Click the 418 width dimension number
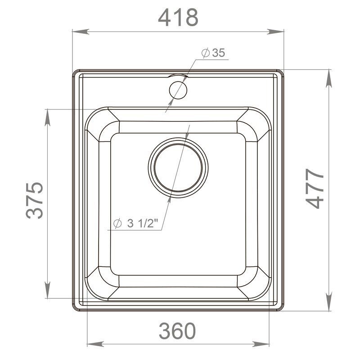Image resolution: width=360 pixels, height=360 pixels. tap(178, 18)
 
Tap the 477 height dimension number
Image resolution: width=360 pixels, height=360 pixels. tap(315, 189)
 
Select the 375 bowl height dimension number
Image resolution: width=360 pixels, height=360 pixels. tap(35, 200)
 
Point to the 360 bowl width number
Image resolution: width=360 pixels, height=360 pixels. tap(177, 331)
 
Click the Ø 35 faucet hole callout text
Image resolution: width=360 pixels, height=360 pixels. tap(213, 53)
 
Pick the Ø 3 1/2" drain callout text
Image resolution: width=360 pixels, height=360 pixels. tap(136, 223)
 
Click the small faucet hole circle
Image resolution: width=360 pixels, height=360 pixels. tap(178, 90)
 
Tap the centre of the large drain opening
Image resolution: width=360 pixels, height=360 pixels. tap(178, 167)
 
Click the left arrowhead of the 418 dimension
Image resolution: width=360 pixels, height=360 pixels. tap(81, 31)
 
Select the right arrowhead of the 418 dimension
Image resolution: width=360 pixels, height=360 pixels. tap(275, 31)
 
